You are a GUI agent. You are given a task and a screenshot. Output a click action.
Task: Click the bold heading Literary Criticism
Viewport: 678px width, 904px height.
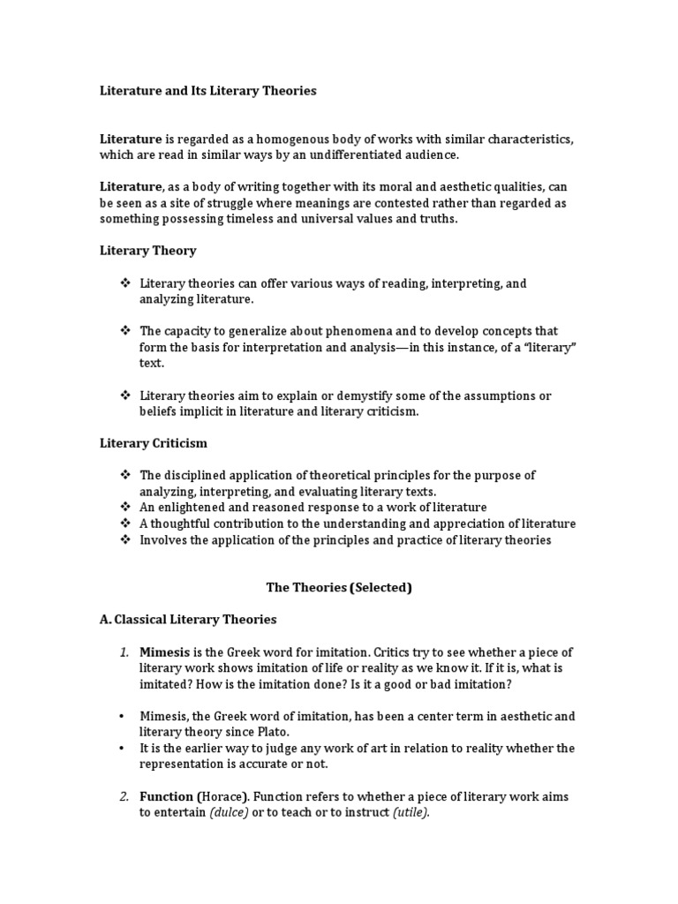(x=153, y=443)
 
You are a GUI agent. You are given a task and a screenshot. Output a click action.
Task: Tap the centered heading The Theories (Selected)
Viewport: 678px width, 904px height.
(x=339, y=587)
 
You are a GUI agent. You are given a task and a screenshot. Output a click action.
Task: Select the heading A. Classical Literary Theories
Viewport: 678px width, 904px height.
(x=188, y=619)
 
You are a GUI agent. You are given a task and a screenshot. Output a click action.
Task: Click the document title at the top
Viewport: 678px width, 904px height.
(x=207, y=90)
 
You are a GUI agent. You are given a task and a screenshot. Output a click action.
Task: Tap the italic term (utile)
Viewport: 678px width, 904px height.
(x=411, y=813)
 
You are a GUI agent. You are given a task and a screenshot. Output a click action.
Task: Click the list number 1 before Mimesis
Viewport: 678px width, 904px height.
(x=124, y=652)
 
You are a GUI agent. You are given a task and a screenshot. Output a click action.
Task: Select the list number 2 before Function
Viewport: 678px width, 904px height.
(x=124, y=796)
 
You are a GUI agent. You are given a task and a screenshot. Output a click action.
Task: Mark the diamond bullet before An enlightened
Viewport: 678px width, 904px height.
(x=124, y=508)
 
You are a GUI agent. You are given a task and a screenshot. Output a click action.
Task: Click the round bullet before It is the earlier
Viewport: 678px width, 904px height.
(x=124, y=749)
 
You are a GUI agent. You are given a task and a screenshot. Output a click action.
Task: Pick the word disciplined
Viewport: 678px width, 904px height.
(x=197, y=475)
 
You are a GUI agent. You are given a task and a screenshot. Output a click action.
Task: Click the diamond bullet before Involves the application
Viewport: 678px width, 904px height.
(x=124, y=539)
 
